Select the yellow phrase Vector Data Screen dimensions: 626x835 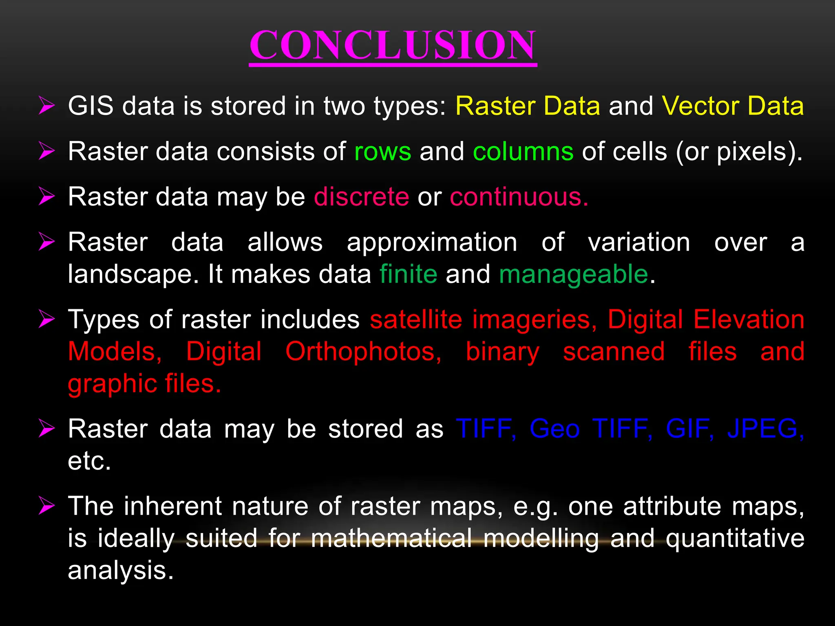(733, 106)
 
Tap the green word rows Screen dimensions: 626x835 (382, 152)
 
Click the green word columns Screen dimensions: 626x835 (523, 152)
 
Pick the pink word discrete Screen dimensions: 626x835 (361, 197)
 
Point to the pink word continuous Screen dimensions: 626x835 (519, 197)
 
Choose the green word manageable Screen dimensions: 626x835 (573, 274)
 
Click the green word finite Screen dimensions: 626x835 (408, 274)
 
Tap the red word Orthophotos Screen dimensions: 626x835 (363, 352)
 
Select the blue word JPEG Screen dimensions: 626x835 (765, 429)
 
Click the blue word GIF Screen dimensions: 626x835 (689, 429)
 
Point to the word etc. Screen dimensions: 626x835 (89, 461)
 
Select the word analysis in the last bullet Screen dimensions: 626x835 (120, 570)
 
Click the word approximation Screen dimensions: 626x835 (432, 242)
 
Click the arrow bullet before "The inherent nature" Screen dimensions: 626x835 (46, 507)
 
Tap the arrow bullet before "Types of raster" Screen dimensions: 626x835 (46, 320)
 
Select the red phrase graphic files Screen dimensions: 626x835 (144, 384)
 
